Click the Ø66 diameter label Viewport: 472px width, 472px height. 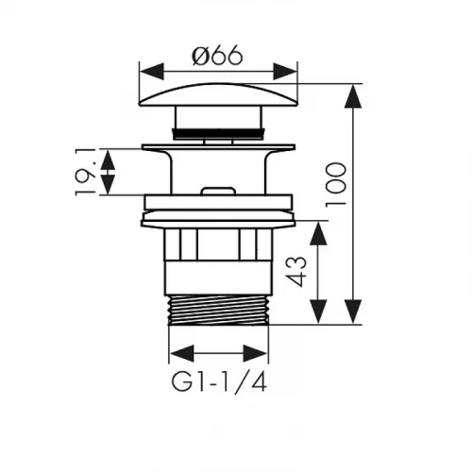[x=217, y=55]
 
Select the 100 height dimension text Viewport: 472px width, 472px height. [x=336, y=185]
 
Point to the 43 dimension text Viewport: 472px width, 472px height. [x=296, y=272]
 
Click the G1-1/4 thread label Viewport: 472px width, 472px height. [x=219, y=381]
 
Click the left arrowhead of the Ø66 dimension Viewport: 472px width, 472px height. [x=152, y=72]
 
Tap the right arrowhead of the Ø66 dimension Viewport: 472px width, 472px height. [x=285, y=72]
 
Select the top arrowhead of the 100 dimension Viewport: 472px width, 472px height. [x=353, y=96]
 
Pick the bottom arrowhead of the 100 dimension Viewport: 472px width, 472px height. [x=353, y=312]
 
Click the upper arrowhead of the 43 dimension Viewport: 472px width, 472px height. [x=318, y=233]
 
